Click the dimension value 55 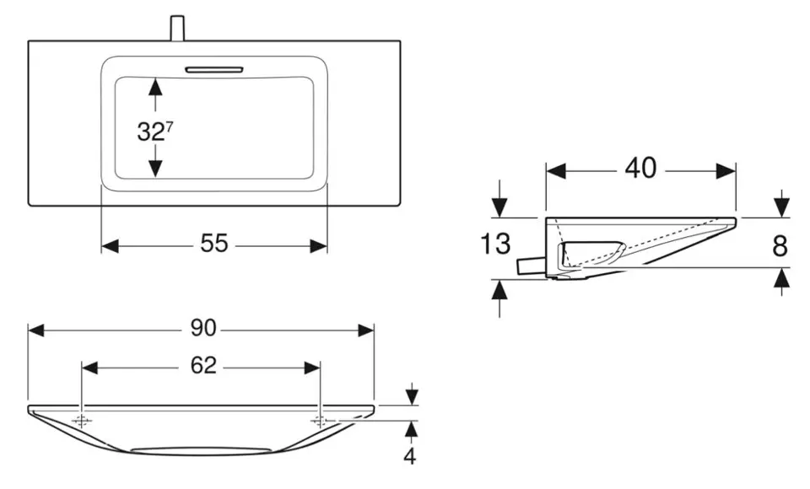click(214, 244)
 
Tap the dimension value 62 click(202, 366)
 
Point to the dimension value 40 click(640, 169)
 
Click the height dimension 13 click(496, 244)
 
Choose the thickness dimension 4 click(411, 457)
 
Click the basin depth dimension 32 click(150, 131)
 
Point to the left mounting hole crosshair click(82, 421)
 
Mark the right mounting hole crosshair click(320, 421)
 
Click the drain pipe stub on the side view click(530, 266)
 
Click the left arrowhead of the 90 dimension click(35, 330)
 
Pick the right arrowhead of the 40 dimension click(728, 170)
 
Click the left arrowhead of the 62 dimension click(89, 367)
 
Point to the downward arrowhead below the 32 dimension click(154, 169)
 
